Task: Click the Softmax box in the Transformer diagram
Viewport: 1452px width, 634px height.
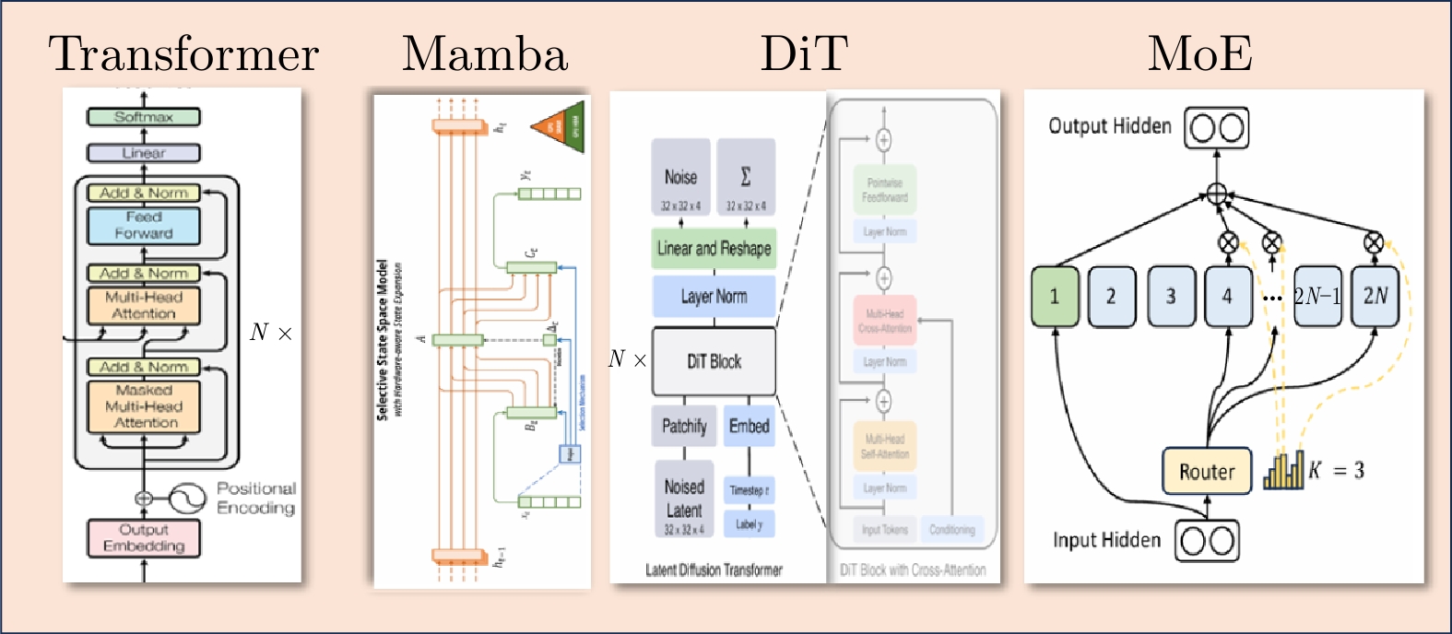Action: point(144,117)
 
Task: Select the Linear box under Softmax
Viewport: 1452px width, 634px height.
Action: point(144,153)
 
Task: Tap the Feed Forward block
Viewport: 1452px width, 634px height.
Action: point(144,226)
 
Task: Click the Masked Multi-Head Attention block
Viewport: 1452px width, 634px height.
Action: point(144,406)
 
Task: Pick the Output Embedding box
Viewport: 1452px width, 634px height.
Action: point(144,538)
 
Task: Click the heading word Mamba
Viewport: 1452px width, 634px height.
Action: point(485,53)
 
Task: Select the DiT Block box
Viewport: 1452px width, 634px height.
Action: point(714,361)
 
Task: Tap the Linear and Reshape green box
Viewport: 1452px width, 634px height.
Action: point(714,248)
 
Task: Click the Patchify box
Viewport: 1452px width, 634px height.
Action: point(684,426)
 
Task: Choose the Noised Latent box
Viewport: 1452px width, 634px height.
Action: point(684,499)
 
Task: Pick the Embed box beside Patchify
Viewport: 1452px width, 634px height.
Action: point(749,426)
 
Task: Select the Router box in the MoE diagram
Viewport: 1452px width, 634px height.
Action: point(1207,472)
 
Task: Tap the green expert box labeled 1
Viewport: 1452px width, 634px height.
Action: point(1055,297)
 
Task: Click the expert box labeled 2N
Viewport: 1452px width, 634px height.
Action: point(1375,297)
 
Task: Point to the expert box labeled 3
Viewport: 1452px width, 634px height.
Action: point(1171,297)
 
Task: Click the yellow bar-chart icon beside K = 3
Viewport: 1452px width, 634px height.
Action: point(1284,470)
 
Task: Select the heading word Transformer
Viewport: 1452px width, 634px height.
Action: point(183,53)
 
